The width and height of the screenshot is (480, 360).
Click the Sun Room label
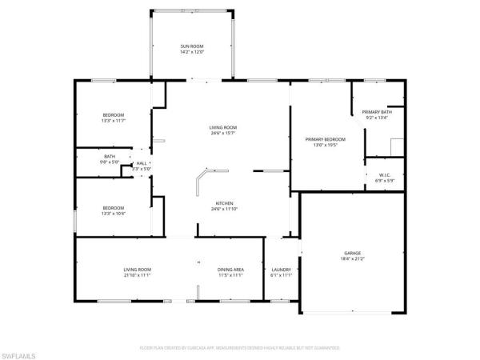pos(192,46)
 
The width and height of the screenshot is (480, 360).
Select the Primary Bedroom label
pos(322,139)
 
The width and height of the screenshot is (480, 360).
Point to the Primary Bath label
pos(376,111)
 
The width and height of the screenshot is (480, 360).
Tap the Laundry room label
pos(281,270)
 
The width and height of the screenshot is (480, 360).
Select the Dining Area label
pos(230,270)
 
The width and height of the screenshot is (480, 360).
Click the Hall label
pos(141,163)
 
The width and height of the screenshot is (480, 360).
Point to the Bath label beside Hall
pos(110,156)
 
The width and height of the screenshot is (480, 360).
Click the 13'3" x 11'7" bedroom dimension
pos(113,121)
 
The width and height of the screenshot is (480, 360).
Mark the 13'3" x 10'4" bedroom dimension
pos(113,214)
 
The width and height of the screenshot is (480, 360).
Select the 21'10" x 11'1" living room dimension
pos(138,276)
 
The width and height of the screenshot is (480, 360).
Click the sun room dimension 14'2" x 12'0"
pos(192,52)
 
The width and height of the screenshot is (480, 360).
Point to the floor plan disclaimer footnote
pos(240,348)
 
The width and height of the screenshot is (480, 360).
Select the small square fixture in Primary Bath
pos(395,146)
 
